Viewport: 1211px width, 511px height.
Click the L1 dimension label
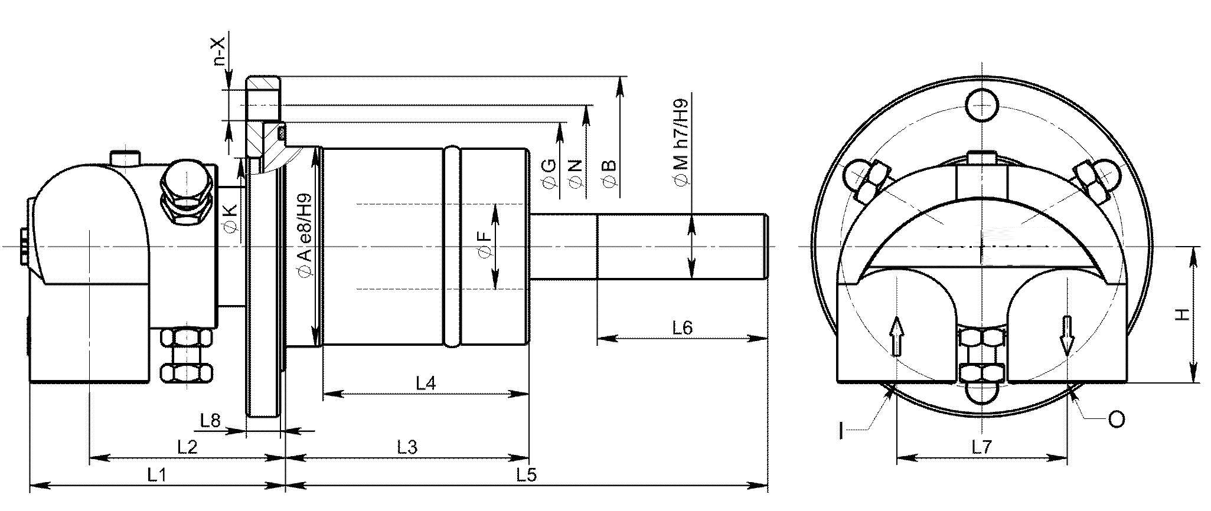coord(156,476)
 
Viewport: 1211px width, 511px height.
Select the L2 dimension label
coord(187,447)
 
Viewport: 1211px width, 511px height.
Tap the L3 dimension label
coord(407,447)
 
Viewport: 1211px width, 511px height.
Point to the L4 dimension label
coord(426,384)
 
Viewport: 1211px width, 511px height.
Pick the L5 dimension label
coord(525,476)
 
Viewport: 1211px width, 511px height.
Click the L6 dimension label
coord(682,327)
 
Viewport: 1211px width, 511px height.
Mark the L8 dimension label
coord(210,420)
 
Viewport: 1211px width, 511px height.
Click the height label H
coord(1181,315)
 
